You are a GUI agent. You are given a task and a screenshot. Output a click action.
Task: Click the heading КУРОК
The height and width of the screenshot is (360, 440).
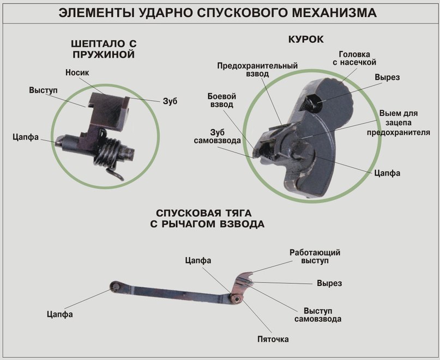click(305, 39)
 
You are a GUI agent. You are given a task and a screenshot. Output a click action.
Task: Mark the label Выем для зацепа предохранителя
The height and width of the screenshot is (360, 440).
click(398, 123)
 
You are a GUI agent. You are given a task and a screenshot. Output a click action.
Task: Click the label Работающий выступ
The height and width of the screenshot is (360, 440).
click(315, 257)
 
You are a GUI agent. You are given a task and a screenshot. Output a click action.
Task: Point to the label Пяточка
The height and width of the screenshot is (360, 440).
click(273, 339)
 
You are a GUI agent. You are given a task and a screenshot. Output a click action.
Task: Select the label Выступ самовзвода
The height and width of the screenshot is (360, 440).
click(318, 314)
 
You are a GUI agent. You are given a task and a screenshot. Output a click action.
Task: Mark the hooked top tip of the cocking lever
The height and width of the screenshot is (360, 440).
click(249, 274)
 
